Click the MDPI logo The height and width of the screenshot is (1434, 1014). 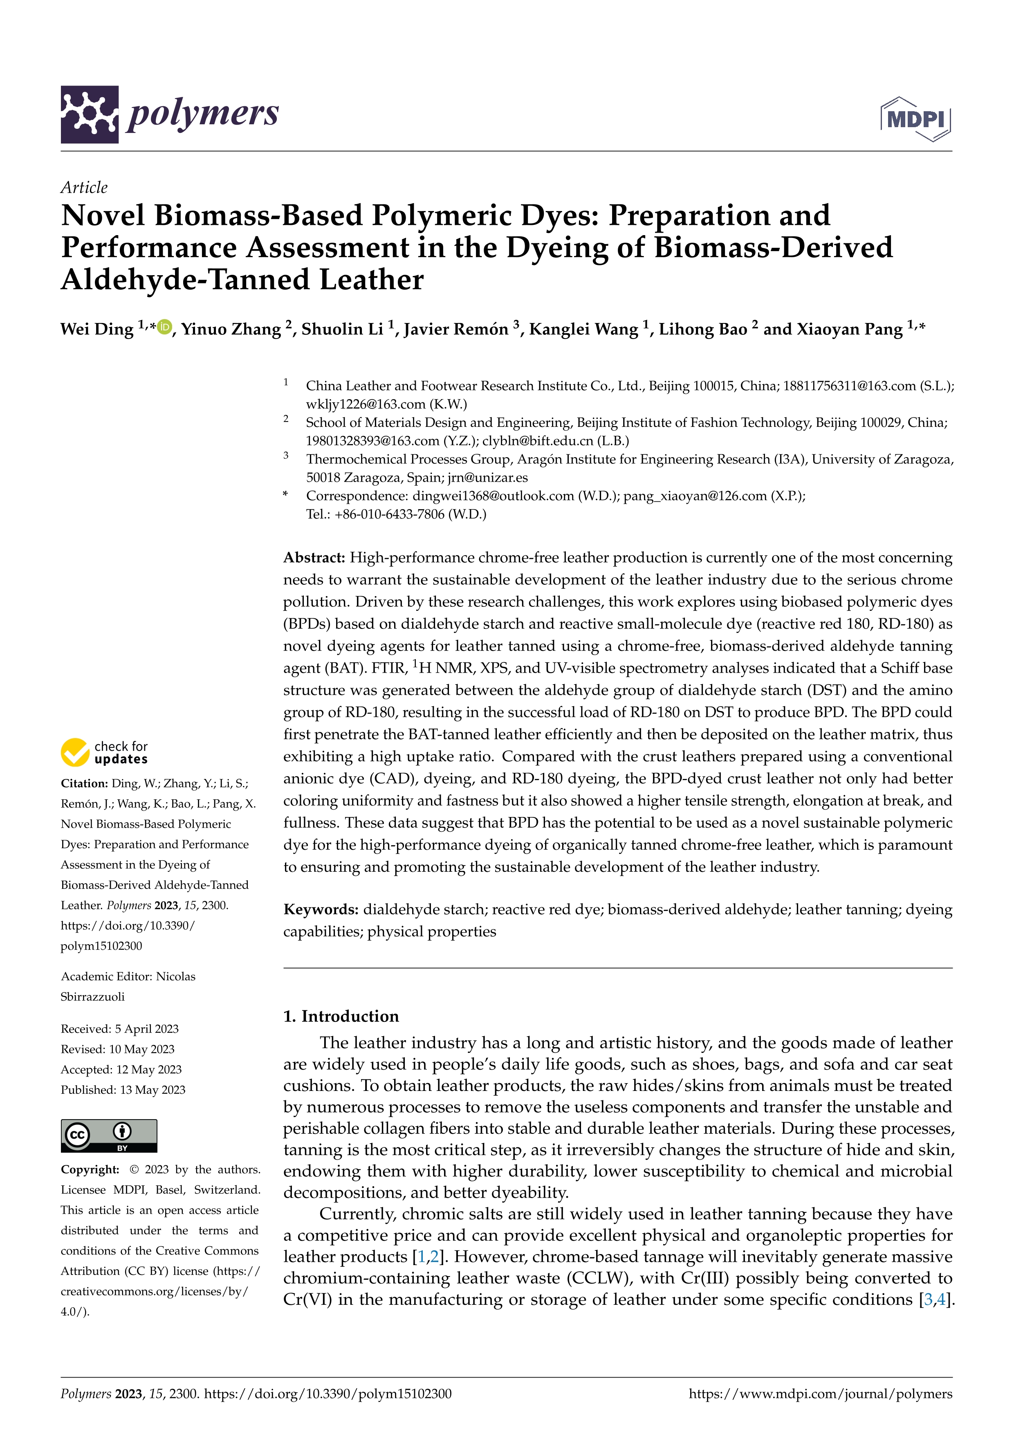915,119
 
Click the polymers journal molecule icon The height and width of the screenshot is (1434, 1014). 89,114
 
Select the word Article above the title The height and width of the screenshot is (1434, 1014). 84,187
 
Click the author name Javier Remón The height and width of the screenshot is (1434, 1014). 455,329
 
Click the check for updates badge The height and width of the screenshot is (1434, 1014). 104,753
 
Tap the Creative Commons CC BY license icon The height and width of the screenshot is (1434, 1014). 109,1136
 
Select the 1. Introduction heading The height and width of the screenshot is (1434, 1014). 341,1016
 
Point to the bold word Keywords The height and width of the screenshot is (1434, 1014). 320,909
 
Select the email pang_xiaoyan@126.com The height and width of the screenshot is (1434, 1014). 694,496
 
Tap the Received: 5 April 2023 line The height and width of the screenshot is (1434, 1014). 119,1029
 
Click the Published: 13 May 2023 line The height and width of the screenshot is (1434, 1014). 123,1090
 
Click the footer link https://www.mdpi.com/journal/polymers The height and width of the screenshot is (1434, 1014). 821,1394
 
